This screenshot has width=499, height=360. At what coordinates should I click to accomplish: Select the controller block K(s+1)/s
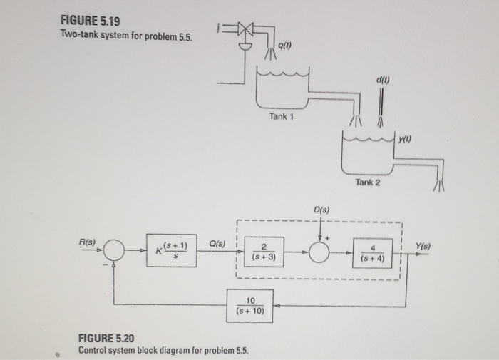tap(170, 250)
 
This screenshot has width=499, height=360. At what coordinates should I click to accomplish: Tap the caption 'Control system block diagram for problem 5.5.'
tap(158, 351)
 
